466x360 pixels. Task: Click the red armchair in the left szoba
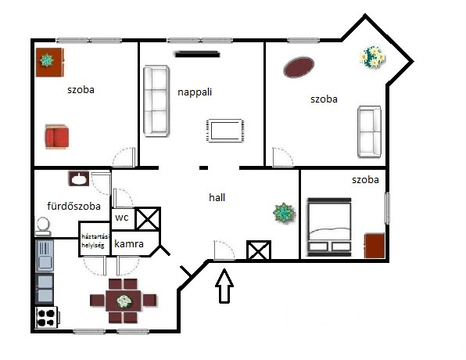pos(57,136)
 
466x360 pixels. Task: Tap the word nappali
pos(195,92)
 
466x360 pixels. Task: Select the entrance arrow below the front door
pos(224,286)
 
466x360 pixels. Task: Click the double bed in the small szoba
pos(329,227)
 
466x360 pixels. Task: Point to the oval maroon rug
pos(299,67)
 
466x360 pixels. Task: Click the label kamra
pos(129,244)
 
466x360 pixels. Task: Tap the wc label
pos(121,218)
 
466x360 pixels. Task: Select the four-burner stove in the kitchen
pos(47,317)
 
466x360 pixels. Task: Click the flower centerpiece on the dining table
pos(124,301)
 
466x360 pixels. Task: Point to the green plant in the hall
pos(284,213)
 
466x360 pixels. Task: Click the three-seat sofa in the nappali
pos(156,101)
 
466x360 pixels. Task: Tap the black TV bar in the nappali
pos(197,54)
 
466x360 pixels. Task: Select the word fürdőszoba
pos(73,206)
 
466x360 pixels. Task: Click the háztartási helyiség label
pos(95,241)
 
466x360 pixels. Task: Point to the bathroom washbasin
pos(79,178)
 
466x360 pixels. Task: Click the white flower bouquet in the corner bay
pos(373,56)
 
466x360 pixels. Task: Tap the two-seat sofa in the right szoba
pos(369,131)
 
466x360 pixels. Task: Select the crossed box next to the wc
pos(148,218)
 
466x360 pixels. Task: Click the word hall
pos(217,197)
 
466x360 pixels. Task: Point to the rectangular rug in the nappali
pos(224,131)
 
